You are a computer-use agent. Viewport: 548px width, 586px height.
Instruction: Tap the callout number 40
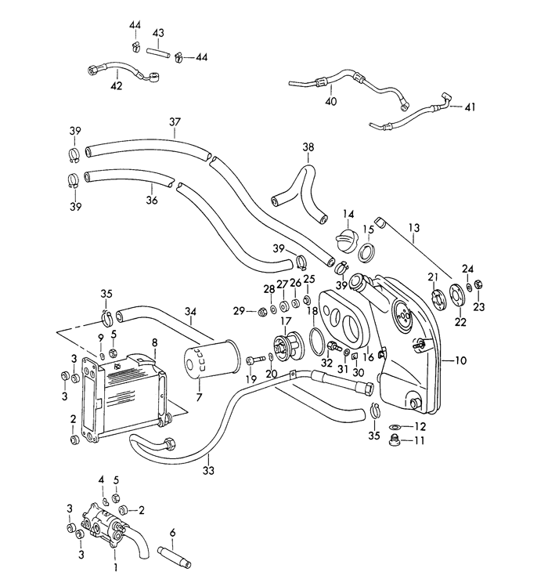coord(330,102)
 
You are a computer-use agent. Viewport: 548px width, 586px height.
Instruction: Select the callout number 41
coord(470,107)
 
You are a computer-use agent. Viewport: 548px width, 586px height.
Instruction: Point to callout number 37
coord(175,121)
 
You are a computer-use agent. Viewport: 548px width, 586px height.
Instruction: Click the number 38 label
coord(308,147)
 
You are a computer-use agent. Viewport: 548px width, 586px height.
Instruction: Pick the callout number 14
coord(348,213)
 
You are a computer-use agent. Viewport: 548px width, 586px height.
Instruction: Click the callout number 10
coord(460,360)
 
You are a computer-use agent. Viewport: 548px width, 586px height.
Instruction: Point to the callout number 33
coord(208,471)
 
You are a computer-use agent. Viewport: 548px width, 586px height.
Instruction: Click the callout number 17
coord(286,321)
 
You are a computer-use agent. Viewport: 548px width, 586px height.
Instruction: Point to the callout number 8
coord(154,342)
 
